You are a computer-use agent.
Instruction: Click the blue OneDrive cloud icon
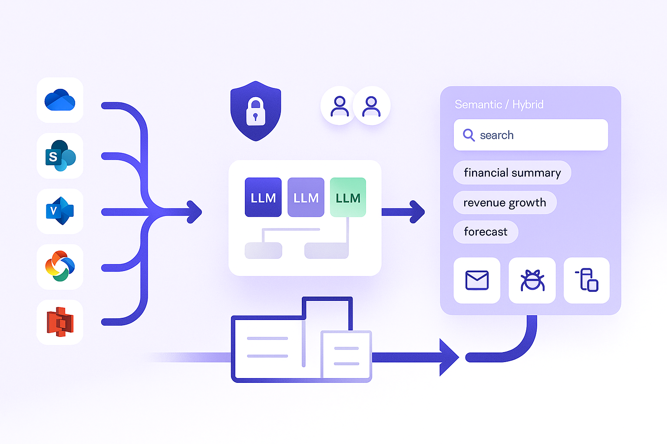pos(60,100)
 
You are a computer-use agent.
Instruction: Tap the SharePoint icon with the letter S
pos(60,156)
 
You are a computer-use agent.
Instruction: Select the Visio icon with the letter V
pos(60,211)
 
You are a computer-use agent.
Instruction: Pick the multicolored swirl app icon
pos(60,267)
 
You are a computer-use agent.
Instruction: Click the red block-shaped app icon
pos(60,322)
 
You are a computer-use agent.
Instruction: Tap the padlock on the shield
pos(255,111)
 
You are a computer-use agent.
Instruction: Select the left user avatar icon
pos(339,106)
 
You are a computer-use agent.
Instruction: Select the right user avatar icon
pos(371,106)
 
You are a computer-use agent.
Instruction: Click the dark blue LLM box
pos(263,197)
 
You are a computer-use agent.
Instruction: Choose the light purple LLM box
pos(306,197)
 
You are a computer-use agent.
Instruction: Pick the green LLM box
pos(348,197)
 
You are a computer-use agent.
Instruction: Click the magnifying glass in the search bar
pos(469,135)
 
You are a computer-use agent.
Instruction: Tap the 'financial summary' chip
pos(512,173)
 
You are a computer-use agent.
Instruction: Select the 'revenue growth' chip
pos(505,202)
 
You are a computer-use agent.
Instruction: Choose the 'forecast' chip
pos(485,232)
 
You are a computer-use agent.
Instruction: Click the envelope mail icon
pos(477,280)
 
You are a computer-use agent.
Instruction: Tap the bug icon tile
pos(532,280)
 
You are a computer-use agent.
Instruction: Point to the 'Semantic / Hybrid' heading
pos(499,104)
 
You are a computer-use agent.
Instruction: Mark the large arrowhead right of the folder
pos(449,357)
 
